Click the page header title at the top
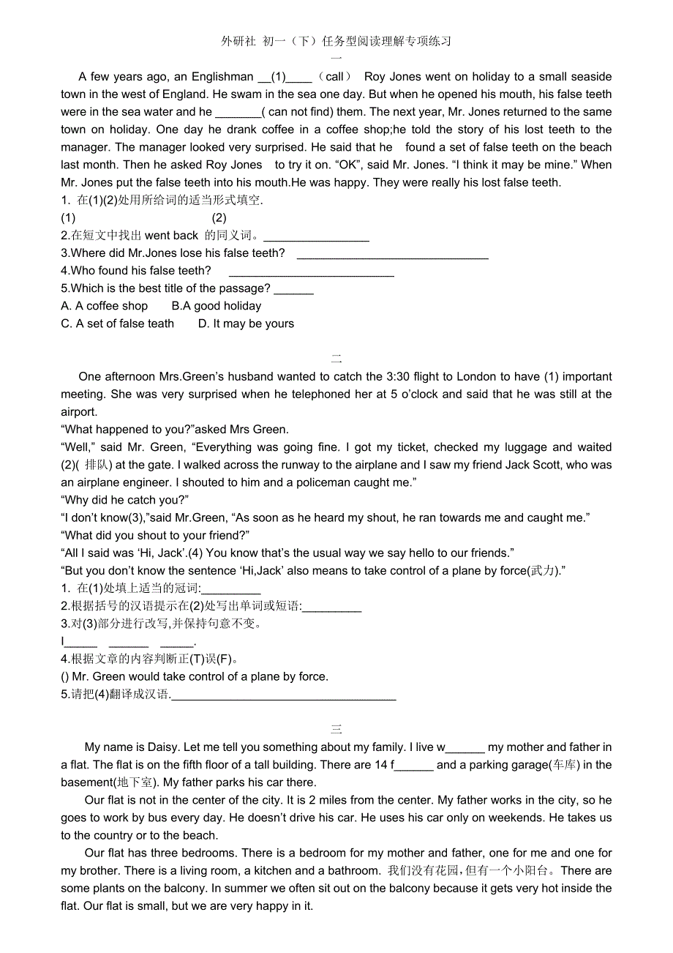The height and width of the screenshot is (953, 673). pyautogui.click(x=336, y=41)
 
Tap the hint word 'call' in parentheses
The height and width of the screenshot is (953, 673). pyautogui.click(x=334, y=77)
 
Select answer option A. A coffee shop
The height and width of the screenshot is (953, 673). pyautogui.click(x=105, y=306)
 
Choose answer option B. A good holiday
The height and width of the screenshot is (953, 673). pyautogui.click(x=216, y=306)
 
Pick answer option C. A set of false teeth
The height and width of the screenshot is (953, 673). pyautogui.click(x=118, y=324)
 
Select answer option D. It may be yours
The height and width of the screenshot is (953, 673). pyautogui.click(x=246, y=324)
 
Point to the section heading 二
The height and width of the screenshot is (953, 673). pyautogui.click(x=336, y=359)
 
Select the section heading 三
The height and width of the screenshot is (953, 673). pyautogui.click(x=336, y=729)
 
